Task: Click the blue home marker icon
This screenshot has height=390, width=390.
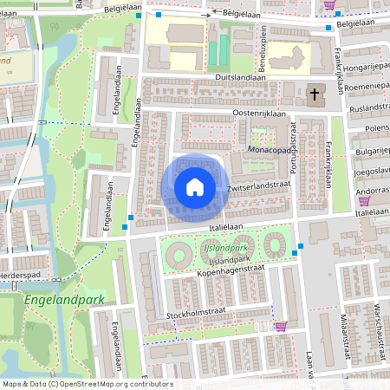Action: [194, 186]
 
